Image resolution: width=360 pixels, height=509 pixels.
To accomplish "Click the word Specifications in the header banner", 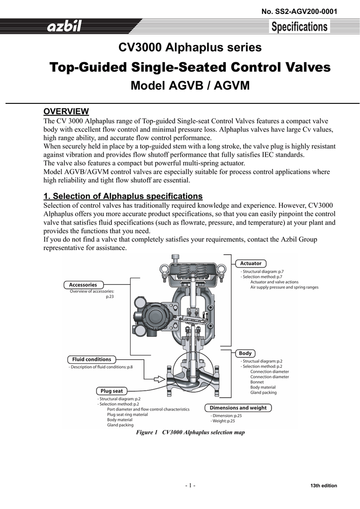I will (x=299, y=27).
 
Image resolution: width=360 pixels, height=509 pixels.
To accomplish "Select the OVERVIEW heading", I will (x=66, y=111).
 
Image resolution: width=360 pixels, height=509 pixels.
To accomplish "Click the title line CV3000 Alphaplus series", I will (x=189, y=48).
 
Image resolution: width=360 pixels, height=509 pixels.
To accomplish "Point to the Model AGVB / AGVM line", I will (x=189, y=86).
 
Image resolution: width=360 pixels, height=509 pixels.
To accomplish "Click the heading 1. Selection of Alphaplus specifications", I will (x=123, y=196).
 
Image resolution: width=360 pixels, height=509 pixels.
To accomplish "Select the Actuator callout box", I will (x=251, y=263).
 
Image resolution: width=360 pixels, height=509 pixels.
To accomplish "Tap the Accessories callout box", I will (x=83, y=285).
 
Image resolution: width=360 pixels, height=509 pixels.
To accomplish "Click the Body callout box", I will (x=245, y=353).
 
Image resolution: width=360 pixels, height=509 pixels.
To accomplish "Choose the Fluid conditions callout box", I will (x=91, y=359).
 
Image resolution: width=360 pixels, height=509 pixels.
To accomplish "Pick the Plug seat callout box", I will (x=111, y=391).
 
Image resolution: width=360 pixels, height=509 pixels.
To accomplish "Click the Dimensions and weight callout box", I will (x=238, y=408).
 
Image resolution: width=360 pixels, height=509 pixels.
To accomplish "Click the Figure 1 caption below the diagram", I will (x=190, y=432).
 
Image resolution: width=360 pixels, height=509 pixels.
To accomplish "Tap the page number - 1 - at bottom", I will (x=190, y=486).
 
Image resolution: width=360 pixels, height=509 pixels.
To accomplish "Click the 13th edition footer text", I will (x=323, y=486).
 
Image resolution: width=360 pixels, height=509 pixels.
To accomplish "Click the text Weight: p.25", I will (x=223, y=421).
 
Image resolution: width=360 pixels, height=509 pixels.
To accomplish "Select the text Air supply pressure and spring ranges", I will (x=284, y=287).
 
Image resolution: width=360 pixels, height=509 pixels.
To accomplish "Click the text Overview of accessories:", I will (x=92, y=291).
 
